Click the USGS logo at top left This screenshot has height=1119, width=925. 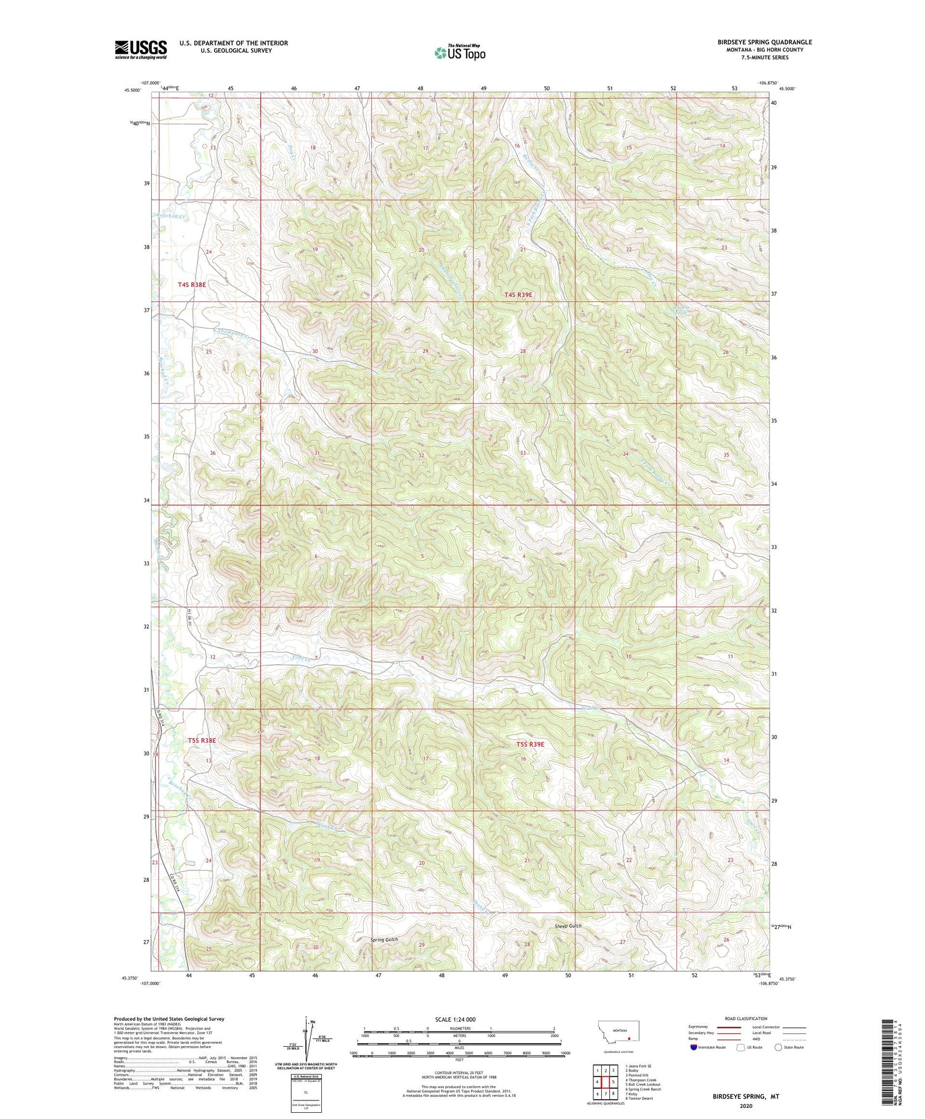point(141,49)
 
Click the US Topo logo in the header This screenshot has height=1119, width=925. point(459,53)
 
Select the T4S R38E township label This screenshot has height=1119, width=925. point(191,285)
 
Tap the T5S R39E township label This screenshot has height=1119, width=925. point(530,744)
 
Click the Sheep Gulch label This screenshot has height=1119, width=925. point(567,926)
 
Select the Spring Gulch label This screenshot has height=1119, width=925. point(384,939)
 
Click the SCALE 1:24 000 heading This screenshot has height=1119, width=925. point(456,1019)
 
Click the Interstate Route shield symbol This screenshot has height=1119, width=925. point(694,1047)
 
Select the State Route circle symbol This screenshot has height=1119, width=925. point(778,1047)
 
